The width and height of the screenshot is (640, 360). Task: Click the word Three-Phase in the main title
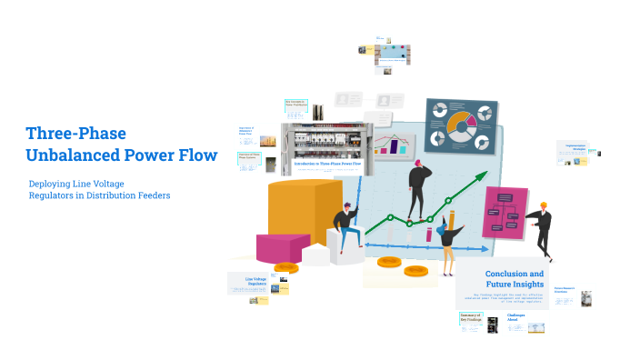[75, 134]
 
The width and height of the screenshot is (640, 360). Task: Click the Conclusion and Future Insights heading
[515, 279]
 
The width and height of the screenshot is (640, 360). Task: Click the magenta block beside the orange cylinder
[283, 247]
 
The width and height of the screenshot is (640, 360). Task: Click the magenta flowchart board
[506, 213]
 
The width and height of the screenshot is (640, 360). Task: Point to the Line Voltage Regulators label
[256, 281]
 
